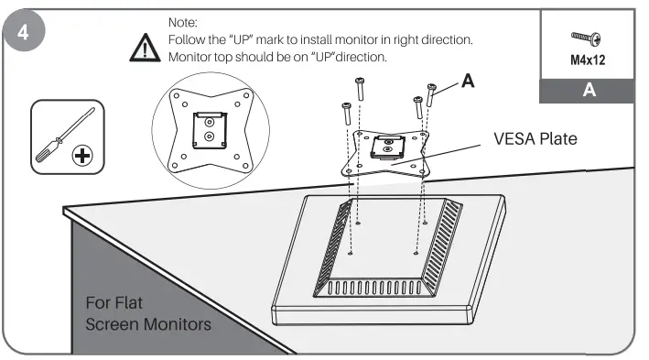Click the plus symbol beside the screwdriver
point(83,155)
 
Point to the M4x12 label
point(585,64)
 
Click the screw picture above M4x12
point(585,38)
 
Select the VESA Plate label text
point(535,139)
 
